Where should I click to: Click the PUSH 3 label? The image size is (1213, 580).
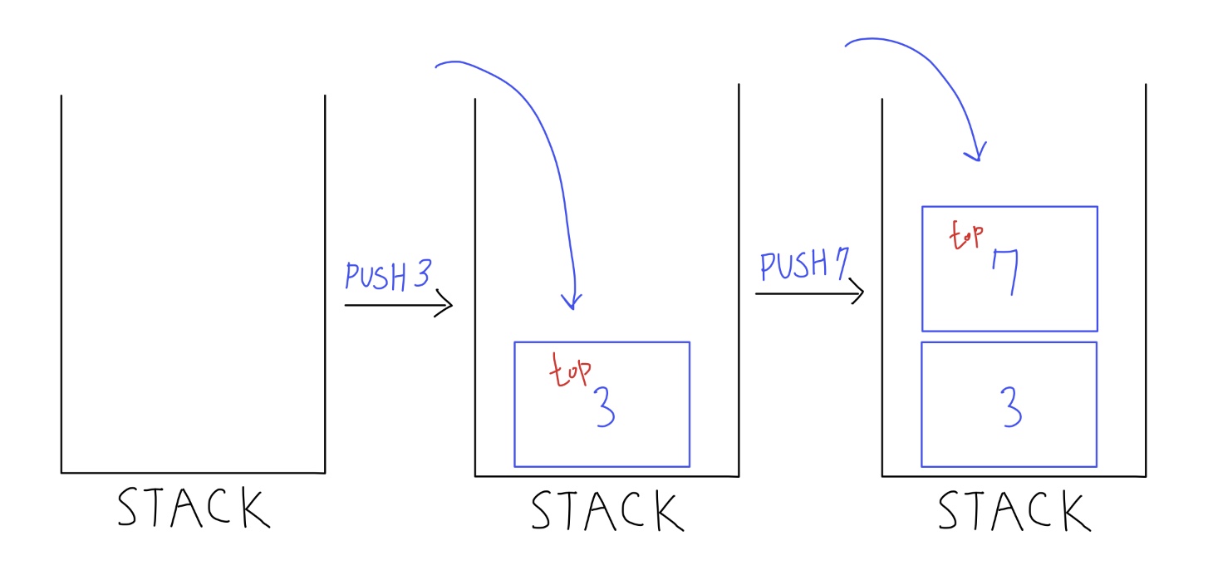pyautogui.click(x=387, y=277)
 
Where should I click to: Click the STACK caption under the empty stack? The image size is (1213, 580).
pyautogui.click(x=194, y=509)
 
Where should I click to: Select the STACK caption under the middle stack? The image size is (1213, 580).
pyautogui.click(x=607, y=511)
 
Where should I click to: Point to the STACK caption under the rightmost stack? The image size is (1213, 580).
pyautogui.click(x=1014, y=510)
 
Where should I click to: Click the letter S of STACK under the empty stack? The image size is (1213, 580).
pyautogui.click(x=132, y=508)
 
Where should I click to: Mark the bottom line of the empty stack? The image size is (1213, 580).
pyautogui.click(x=193, y=473)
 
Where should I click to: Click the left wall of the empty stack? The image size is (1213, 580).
pyautogui.click(x=61, y=283)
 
